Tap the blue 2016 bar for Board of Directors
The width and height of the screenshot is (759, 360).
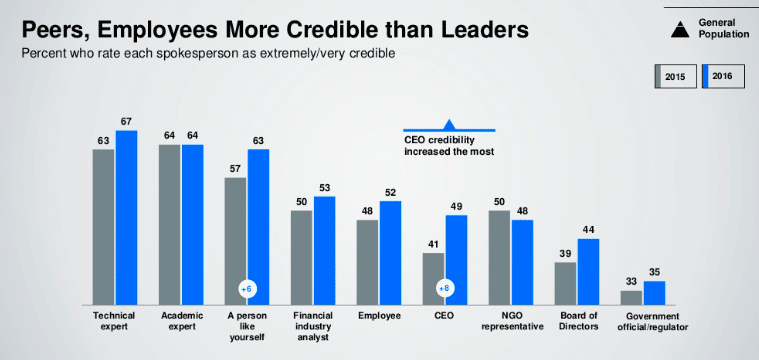click(x=588, y=271)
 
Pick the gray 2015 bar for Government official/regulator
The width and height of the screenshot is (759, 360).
click(x=631, y=297)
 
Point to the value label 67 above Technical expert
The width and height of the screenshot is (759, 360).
click(x=126, y=122)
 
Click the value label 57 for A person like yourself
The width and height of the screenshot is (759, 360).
click(x=235, y=169)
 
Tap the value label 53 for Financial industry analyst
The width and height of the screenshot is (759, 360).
click(x=325, y=188)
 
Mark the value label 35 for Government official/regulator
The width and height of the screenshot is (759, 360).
click(x=654, y=272)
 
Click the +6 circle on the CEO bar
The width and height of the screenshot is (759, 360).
click(x=445, y=289)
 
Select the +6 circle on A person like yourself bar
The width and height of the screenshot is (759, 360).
click(x=247, y=289)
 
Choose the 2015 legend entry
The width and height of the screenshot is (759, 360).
click(x=675, y=77)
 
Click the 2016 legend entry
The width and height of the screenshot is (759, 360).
click(x=722, y=77)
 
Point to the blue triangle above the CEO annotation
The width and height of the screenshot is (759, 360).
click(x=449, y=123)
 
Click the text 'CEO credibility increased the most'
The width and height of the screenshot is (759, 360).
click(x=449, y=147)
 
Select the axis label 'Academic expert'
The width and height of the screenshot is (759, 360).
click(x=180, y=320)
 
